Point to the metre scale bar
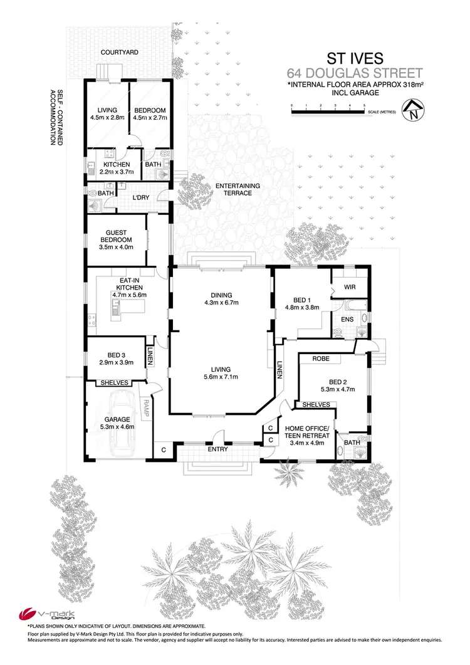(328, 112)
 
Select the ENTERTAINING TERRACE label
(233, 189)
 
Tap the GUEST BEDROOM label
(116, 236)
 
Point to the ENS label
(348, 319)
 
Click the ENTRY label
(217, 449)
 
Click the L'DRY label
(140, 197)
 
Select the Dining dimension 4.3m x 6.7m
(221, 303)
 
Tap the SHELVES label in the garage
(114, 383)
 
